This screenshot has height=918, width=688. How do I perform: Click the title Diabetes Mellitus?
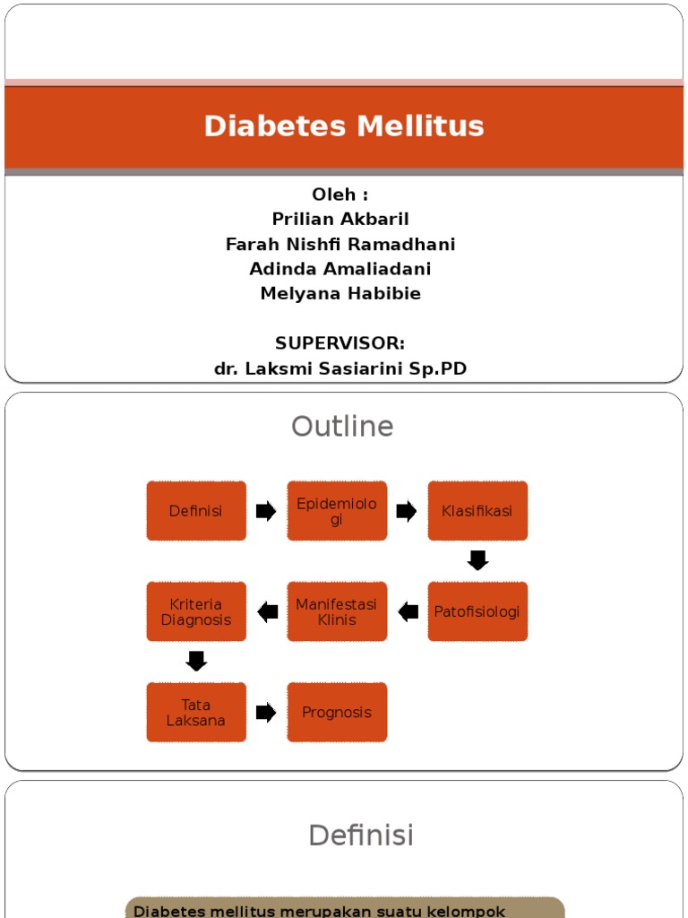pos(344,126)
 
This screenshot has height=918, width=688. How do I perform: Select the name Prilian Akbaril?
pos(340,220)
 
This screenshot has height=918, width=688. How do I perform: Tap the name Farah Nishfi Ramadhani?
pos(340,245)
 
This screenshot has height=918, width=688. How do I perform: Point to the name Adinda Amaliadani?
pos(340,269)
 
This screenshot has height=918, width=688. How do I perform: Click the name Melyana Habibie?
pos(340,294)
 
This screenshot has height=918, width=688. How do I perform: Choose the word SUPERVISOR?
pos(339,343)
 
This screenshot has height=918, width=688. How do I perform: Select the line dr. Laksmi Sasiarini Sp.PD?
pos(340,368)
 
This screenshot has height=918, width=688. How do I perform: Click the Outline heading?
pos(342,427)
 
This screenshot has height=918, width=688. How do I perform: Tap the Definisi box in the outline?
pos(196,511)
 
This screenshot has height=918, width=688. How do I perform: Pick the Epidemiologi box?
pos(337,511)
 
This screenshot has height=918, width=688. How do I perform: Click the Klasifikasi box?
pos(477,511)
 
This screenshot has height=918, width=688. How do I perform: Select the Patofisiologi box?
pos(477,611)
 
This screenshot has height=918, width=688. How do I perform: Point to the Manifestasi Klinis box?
pos(337,611)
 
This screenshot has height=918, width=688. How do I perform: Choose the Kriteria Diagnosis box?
pos(196,611)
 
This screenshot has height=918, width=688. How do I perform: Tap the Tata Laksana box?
pos(196,713)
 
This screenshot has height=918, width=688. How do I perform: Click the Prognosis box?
pos(337,713)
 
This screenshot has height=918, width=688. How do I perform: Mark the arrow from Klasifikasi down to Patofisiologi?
pos(477,561)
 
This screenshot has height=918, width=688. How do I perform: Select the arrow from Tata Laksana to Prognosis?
pos(266,713)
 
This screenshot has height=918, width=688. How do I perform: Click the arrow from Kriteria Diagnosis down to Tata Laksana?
pos(196,662)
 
